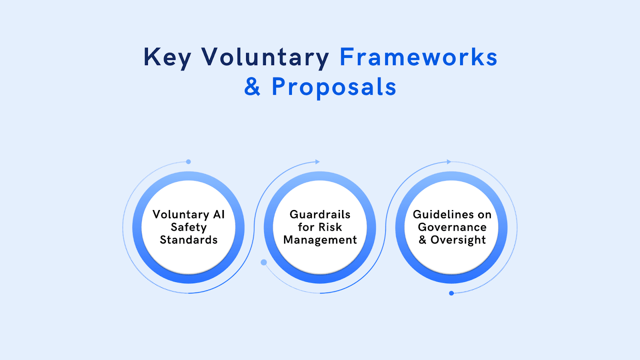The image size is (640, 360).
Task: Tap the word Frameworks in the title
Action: pyautogui.click(x=418, y=57)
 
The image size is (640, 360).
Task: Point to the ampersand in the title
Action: pyautogui.click(x=252, y=86)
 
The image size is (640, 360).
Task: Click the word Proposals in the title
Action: pyautogui.click(x=334, y=88)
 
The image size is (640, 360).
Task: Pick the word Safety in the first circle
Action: pyautogui.click(x=188, y=228)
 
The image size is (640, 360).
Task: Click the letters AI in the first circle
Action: pyautogui.click(x=219, y=214)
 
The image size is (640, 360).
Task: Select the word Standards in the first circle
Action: pyautogui.click(x=188, y=240)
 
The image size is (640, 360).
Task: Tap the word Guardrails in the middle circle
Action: pyautogui.click(x=320, y=214)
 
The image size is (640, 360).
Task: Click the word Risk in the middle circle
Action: pyautogui.click(x=330, y=227)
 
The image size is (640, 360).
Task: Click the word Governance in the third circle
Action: pyautogui.click(x=452, y=227)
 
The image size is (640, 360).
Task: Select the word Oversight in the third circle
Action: pyautogui.click(x=458, y=240)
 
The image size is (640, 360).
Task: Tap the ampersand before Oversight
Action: pyautogui.click(x=422, y=240)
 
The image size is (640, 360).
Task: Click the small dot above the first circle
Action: pyautogui.click(x=188, y=162)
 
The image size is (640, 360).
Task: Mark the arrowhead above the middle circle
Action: pyautogui.click(x=318, y=162)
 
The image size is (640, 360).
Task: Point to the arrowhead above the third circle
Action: pyautogui.click(x=449, y=162)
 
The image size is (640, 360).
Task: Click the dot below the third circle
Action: pyautogui.click(x=452, y=293)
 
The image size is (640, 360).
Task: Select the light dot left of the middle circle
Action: pyautogui.click(x=264, y=262)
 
